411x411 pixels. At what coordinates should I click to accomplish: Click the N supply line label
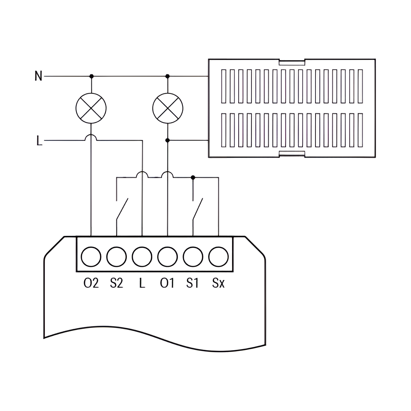pos(38,76)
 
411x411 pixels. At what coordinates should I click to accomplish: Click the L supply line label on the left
pos(39,140)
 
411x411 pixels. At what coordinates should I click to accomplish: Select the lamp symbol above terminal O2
pos(91,108)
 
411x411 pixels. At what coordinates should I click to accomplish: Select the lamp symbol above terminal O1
pos(168,108)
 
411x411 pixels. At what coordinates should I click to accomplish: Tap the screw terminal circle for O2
pos(91,256)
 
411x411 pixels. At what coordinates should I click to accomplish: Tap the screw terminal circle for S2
pos(116,256)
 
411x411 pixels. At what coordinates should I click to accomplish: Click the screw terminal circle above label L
pos(142,256)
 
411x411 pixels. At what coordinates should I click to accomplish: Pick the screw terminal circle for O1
pos(167,256)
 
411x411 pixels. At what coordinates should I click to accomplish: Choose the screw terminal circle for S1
pos(193,256)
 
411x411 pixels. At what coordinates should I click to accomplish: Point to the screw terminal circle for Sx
pos(218,256)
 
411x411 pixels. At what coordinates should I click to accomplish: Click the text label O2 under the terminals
pos(91,283)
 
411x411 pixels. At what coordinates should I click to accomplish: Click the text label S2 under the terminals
pos(116,283)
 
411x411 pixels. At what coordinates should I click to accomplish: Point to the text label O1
pos(167,283)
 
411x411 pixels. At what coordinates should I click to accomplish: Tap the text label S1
pos(193,283)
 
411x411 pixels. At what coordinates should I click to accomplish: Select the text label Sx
pos(218,283)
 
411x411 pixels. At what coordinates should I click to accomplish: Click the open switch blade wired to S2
pos(122,209)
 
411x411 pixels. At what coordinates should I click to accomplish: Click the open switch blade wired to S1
pos(198,209)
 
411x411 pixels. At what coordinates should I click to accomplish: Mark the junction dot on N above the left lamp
pos(91,76)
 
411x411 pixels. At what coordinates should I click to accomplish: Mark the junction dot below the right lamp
pos(167,140)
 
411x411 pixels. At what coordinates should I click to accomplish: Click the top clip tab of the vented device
pos(292,62)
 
